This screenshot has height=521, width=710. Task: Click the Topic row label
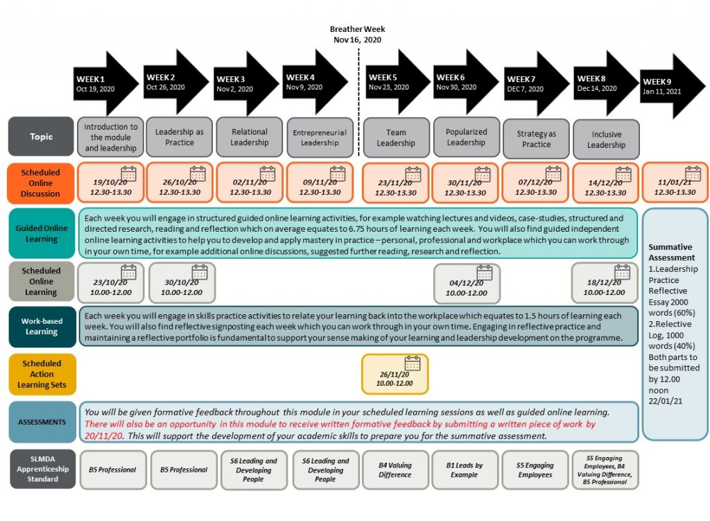tap(41, 137)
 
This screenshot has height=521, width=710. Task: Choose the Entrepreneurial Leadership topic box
tap(320, 137)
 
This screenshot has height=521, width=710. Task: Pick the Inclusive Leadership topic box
tap(606, 139)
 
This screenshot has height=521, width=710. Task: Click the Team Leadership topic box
tap(396, 137)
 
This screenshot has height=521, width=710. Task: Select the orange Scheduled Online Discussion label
tap(41, 182)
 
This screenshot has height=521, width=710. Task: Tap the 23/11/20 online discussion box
tap(396, 182)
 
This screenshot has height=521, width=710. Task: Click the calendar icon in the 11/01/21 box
tap(693, 173)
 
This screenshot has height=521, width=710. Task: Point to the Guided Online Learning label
tap(41, 233)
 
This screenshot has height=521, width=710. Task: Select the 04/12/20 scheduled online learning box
tap(467, 283)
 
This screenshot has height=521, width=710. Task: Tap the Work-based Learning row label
tap(41, 326)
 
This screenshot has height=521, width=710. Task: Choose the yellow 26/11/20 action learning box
tap(395, 373)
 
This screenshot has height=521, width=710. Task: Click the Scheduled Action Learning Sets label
tap(41, 374)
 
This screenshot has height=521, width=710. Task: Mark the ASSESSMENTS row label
tap(41, 422)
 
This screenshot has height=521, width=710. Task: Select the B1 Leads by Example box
tap(464, 470)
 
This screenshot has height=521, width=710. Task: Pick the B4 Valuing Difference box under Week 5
tap(395, 470)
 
